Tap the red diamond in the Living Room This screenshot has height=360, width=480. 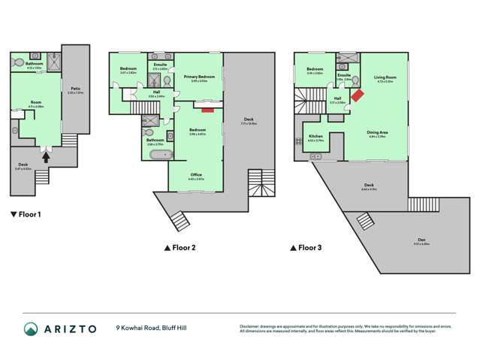point(358,95)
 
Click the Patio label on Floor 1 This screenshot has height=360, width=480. point(76,89)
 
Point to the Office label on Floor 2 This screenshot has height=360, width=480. point(195,175)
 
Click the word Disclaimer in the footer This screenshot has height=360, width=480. point(251,325)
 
